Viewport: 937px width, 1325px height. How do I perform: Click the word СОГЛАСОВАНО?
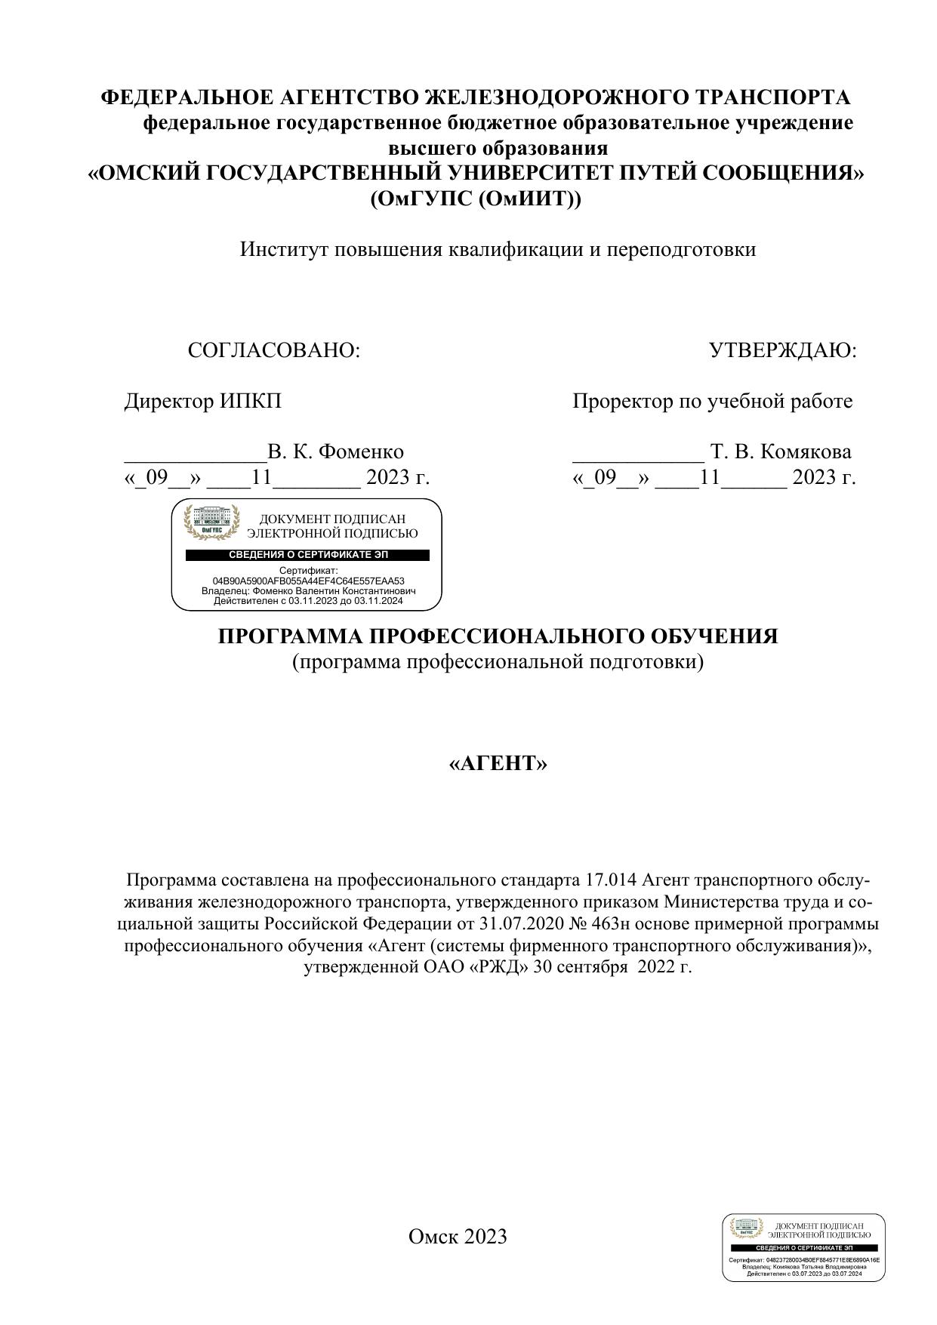point(273,351)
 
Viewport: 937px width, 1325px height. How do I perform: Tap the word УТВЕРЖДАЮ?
point(783,351)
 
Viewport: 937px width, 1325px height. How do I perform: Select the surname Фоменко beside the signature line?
point(361,451)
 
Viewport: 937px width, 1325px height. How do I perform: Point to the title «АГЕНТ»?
point(498,764)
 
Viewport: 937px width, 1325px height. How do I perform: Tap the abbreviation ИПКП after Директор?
point(251,401)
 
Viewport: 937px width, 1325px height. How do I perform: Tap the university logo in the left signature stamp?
point(212,522)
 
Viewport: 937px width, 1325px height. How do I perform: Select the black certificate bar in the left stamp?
point(308,555)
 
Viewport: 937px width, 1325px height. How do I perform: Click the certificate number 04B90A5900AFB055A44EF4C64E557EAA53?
point(308,581)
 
